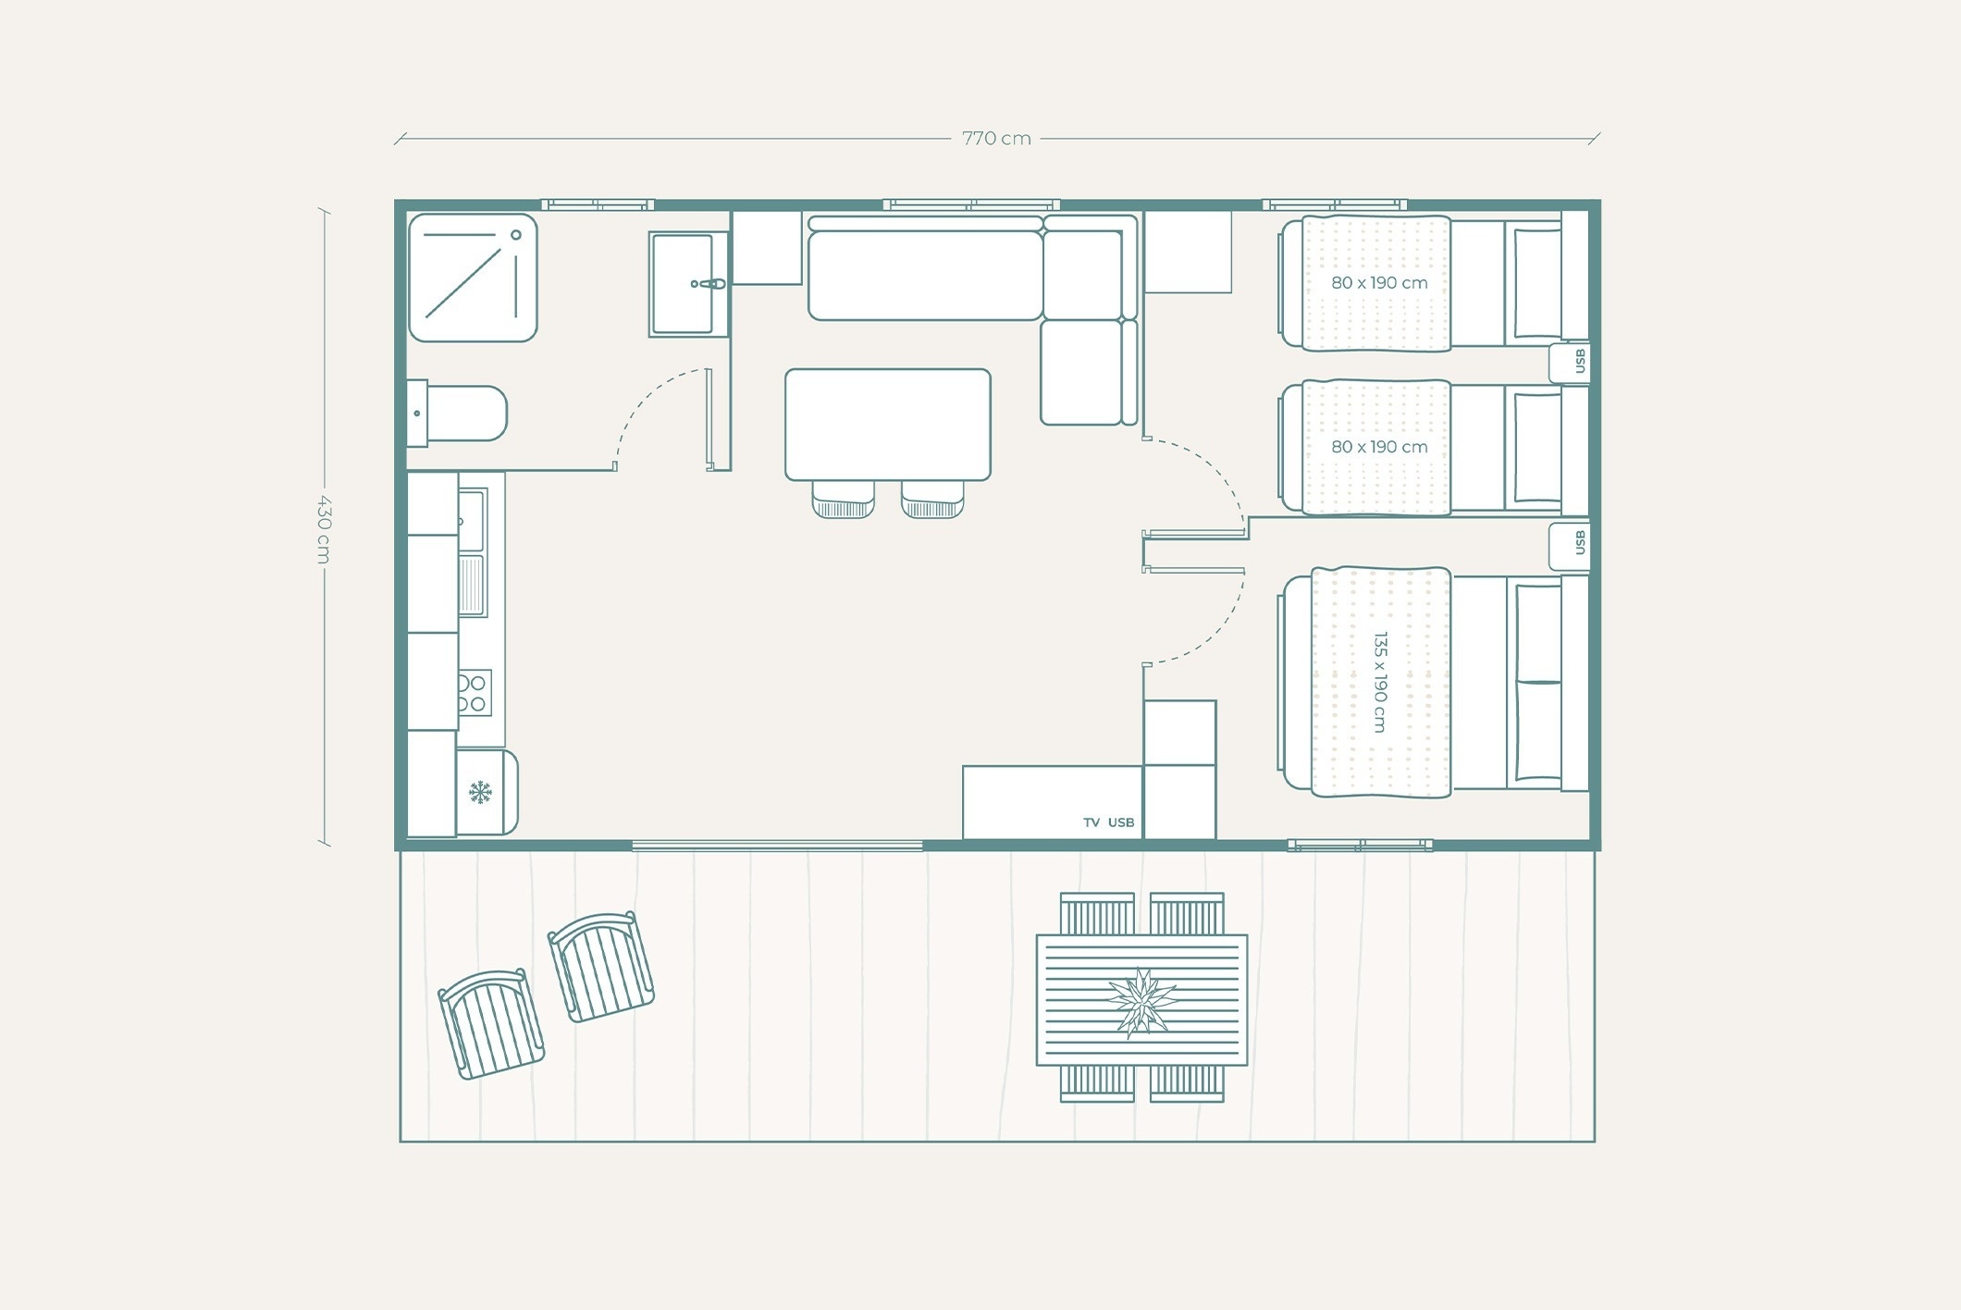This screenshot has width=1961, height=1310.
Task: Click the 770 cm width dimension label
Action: (x=996, y=139)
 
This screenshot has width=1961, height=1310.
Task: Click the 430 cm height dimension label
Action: (x=323, y=528)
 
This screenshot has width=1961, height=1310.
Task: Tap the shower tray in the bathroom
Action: (x=473, y=278)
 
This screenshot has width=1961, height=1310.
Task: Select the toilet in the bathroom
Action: (x=457, y=414)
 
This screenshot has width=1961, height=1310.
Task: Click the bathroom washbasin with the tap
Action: (x=688, y=284)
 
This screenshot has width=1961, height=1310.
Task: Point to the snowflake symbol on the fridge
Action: (x=480, y=792)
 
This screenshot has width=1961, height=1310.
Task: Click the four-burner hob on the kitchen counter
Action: (x=474, y=693)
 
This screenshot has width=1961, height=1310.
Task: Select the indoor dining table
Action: (x=888, y=425)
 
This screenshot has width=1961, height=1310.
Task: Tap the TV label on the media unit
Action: (x=1091, y=822)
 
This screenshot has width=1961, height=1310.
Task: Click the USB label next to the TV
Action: (x=1121, y=822)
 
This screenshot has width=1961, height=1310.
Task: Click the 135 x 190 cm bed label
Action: (x=1380, y=682)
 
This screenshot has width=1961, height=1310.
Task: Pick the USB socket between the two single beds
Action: (x=1570, y=362)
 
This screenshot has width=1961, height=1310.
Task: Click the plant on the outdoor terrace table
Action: (x=1143, y=1002)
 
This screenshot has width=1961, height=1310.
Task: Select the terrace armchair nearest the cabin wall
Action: (x=601, y=967)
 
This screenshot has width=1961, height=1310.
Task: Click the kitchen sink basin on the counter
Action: (x=471, y=520)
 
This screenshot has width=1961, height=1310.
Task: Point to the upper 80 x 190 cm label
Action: (x=1379, y=283)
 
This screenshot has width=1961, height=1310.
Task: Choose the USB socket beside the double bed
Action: (x=1570, y=547)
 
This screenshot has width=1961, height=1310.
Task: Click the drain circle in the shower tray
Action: (x=516, y=235)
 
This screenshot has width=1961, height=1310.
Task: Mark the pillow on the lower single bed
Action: (x=1536, y=448)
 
